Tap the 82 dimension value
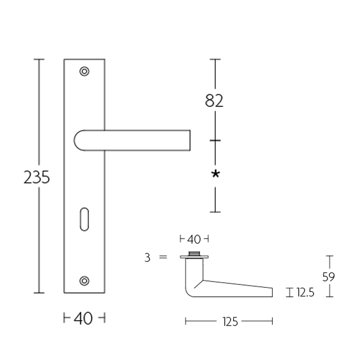point(214,101)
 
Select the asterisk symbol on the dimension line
point(216,174)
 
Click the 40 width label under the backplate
point(83,319)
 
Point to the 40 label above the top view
point(194,238)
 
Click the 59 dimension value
point(329,276)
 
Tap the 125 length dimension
point(229,321)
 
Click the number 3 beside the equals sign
point(147,257)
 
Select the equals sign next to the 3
point(163,257)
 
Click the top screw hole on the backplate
point(84,71)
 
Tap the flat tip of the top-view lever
point(271,292)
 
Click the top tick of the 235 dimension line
point(40,59)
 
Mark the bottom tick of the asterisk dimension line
point(216,211)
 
